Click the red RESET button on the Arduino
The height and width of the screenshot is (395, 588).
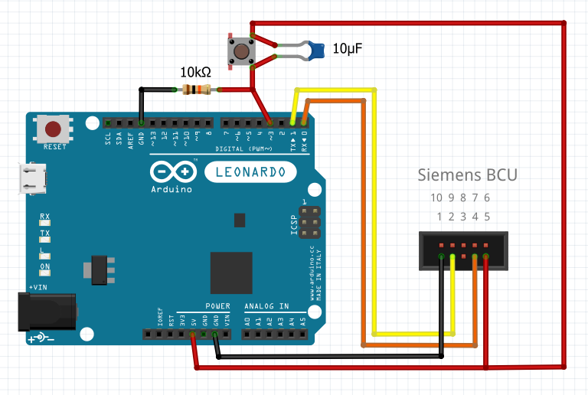coord(54,129)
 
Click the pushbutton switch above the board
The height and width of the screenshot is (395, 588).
coord(242,52)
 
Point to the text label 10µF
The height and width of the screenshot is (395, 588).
coord(347,49)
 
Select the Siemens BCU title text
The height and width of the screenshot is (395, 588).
coord(466,175)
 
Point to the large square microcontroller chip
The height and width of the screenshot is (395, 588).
coord(231,272)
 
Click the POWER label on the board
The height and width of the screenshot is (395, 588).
coord(217,306)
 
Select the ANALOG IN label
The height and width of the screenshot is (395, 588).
coord(266,306)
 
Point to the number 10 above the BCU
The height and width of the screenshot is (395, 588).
coord(436,197)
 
